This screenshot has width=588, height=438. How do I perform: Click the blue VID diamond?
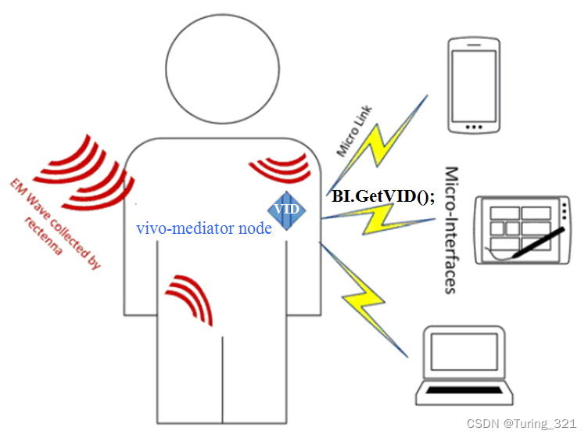click(x=287, y=210)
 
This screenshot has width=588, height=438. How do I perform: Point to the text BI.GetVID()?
click(x=383, y=196)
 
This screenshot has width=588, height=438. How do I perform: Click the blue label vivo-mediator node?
click(x=204, y=229)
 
